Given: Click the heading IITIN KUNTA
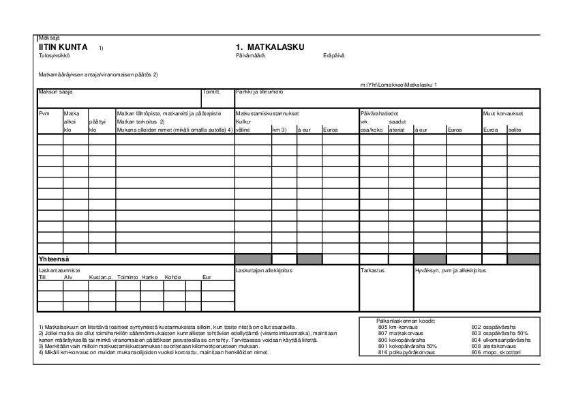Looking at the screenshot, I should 63,46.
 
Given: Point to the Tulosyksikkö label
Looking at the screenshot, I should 55,55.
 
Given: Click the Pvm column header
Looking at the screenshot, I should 44,113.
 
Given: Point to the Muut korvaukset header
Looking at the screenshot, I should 502,113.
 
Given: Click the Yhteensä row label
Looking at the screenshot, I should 55,259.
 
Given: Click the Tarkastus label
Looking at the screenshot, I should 372,271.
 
